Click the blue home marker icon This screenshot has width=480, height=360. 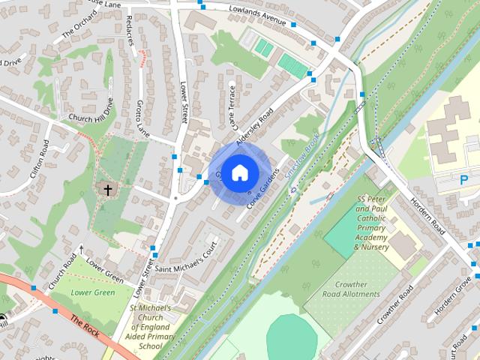tap(238, 173)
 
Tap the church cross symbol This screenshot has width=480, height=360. tap(107, 190)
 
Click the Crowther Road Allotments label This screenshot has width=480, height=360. tap(351, 289)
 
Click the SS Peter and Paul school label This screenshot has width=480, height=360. tap(372, 223)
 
